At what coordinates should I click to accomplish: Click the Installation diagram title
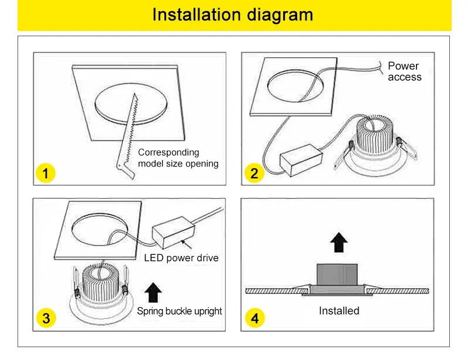click(x=233, y=15)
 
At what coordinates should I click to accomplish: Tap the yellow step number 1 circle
click(x=45, y=173)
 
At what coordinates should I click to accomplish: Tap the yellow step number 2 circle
click(x=254, y=173)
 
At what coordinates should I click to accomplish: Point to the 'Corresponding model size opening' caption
click(x=178, y=158)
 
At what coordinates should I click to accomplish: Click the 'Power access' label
click(x=404, y=71)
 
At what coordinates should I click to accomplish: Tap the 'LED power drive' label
click(x=181, y=258)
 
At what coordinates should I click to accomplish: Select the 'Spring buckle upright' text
click(x=180, y=311)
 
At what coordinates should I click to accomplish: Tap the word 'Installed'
click(x=339, y=311)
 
